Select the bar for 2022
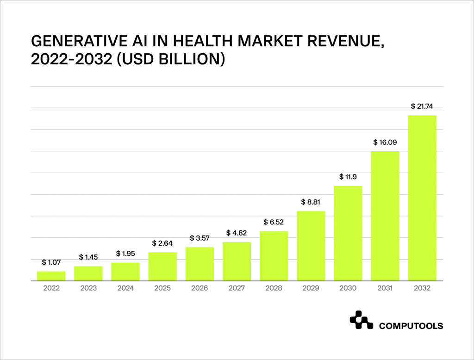coord(51,276)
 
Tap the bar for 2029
coord(311,246)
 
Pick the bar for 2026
coord(200,264)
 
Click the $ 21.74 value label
coord(422,106)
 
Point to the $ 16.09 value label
coord(385,143)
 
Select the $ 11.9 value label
coord(348,177)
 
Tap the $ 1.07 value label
coord(51,262)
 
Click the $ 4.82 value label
coord(237,233)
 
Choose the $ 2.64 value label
coord(162,243)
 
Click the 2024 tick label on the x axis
coord(125,288)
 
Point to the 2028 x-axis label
coord(274,288)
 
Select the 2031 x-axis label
coord(385,288)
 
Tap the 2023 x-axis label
coord(88,288)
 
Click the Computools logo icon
coord(361,321)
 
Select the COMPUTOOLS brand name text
coord(411,326)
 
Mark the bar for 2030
coord(348,233)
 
